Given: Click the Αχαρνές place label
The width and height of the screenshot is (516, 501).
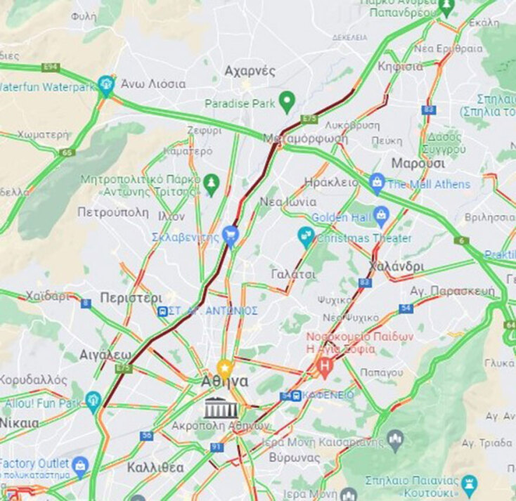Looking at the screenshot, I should [x=250, y=71].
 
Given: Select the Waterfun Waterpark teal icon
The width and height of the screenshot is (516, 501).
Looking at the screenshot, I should [x=106, y=85].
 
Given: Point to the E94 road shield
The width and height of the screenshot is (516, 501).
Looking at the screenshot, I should [x=51, y=67].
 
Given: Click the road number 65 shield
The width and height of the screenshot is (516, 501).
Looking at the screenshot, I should [x=67, y=152].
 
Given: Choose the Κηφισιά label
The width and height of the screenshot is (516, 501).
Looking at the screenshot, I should [x=400, y=67].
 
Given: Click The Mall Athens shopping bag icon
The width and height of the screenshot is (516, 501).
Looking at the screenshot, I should [x=378, y=184].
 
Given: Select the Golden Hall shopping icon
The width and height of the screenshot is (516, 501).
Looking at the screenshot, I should [x=382, y=215].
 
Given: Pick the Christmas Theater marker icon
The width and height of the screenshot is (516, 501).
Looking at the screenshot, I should [x=306, y=237].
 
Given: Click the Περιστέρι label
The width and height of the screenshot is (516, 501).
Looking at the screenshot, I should [x=131, y=297].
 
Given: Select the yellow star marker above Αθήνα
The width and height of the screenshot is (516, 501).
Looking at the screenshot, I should [x=224, y=367].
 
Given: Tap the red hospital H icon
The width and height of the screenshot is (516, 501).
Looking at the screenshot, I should [x=325, y=365].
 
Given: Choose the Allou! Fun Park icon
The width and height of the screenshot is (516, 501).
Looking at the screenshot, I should [x=93, y=401].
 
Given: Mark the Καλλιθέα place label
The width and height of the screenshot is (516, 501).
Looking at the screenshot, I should [x=155, y=468].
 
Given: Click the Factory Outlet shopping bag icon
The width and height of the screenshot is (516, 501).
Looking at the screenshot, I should [x=80, y=465].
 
